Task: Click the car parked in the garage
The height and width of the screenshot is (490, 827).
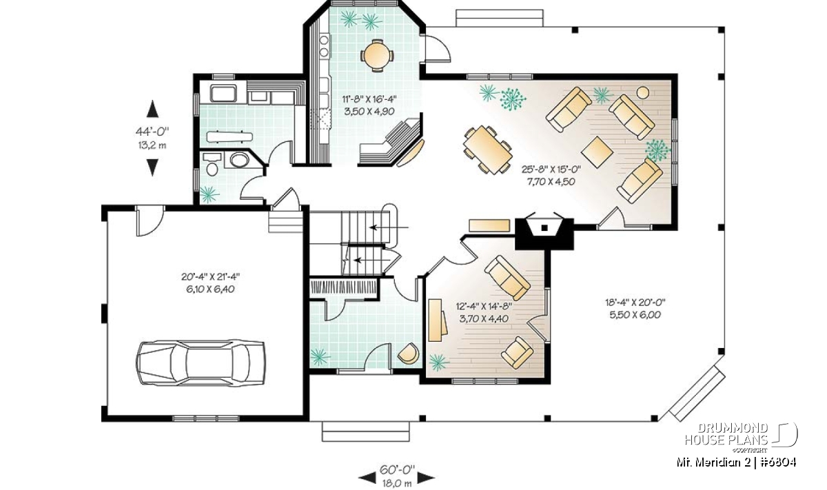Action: click(x=201, y=363)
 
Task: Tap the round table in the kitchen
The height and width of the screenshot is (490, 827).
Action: click(x=377, y=55)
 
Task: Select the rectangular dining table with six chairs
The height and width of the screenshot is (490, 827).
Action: click(x=488, y=149)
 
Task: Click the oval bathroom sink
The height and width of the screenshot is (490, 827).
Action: click(x=239, y=161)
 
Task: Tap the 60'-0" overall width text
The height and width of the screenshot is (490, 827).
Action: click(x=397, y=470)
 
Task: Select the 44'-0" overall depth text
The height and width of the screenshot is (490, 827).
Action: click(x=152, y=131)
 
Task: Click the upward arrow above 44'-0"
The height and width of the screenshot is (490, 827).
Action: click(x=152, y=109)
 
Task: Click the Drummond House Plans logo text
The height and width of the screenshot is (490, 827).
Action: click(x=726, y=434)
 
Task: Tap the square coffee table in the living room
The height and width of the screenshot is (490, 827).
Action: click(x=597, y=152)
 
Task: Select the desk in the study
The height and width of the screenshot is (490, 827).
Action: click(x=436, y=320)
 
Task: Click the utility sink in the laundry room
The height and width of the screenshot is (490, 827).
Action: click(x=223, y=93)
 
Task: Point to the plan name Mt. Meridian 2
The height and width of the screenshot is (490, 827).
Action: click(x=713, y=462)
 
